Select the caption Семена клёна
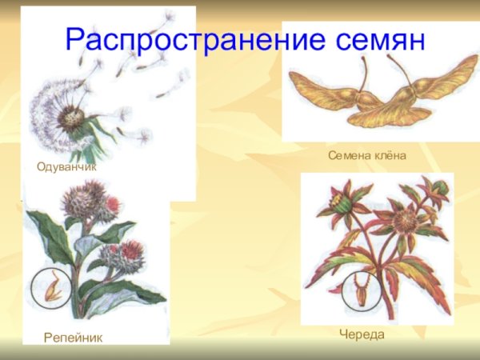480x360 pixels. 367,154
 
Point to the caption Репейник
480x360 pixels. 73,338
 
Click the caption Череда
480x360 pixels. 362,334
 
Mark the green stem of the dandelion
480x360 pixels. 89,149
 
